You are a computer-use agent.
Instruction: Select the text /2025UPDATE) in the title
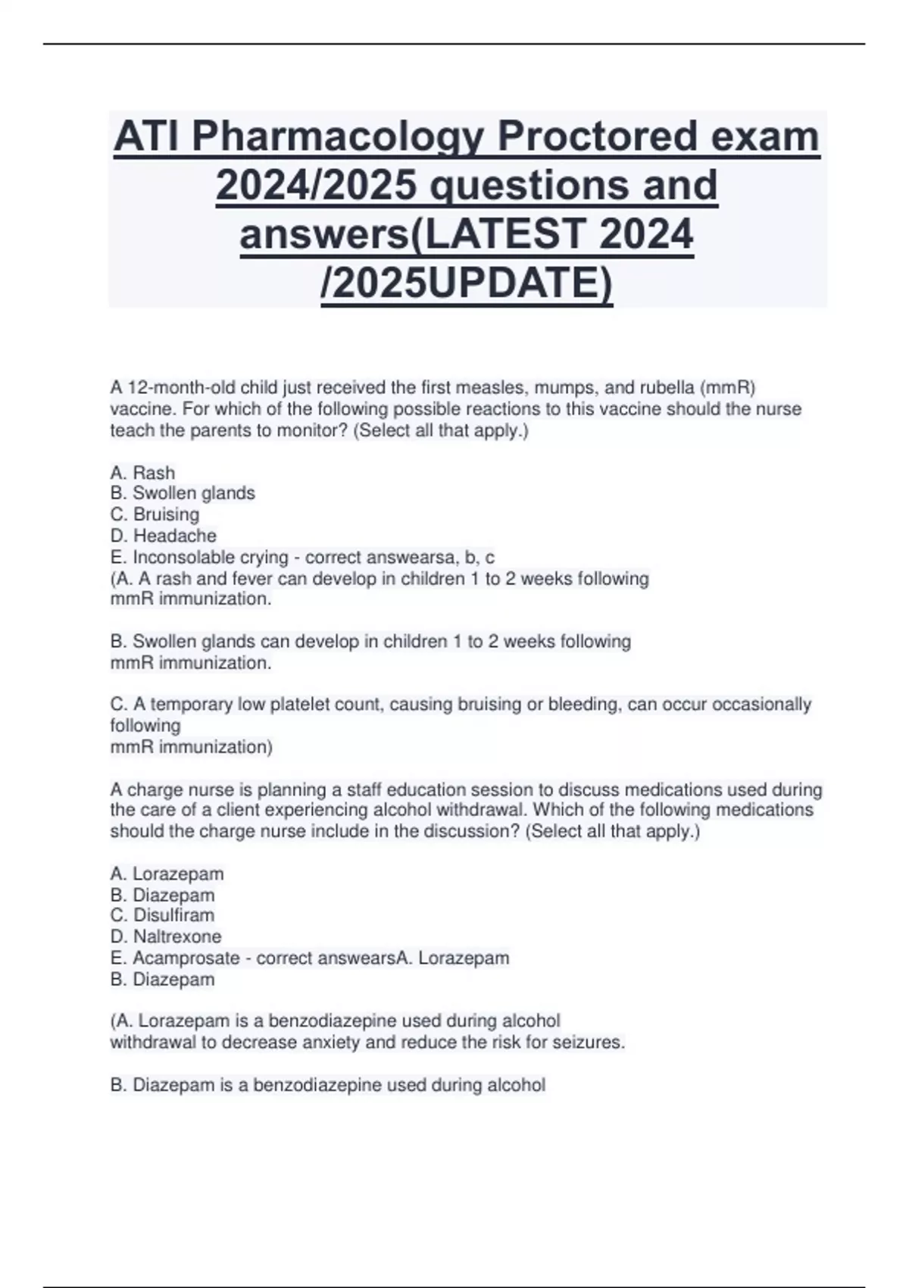467,283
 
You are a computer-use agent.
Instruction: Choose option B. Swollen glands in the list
183,493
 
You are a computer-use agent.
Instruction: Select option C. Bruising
155,514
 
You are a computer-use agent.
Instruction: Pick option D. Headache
163,536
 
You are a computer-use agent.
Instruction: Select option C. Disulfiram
162,915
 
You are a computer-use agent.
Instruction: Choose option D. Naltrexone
166,936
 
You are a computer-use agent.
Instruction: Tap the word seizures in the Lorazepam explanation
592,1043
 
